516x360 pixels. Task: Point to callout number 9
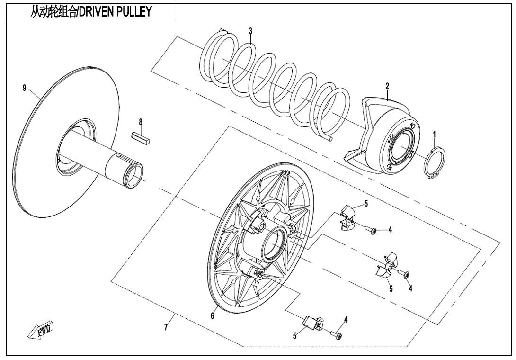(x=24, y=89)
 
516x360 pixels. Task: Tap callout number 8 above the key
(x=140, y=122)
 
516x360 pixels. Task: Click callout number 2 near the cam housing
(x=387, y=86)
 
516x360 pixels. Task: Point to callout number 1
(x=434, y=135)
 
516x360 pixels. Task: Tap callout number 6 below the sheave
(x=213, y=315)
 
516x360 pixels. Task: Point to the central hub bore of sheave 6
(x=272, y=244)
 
